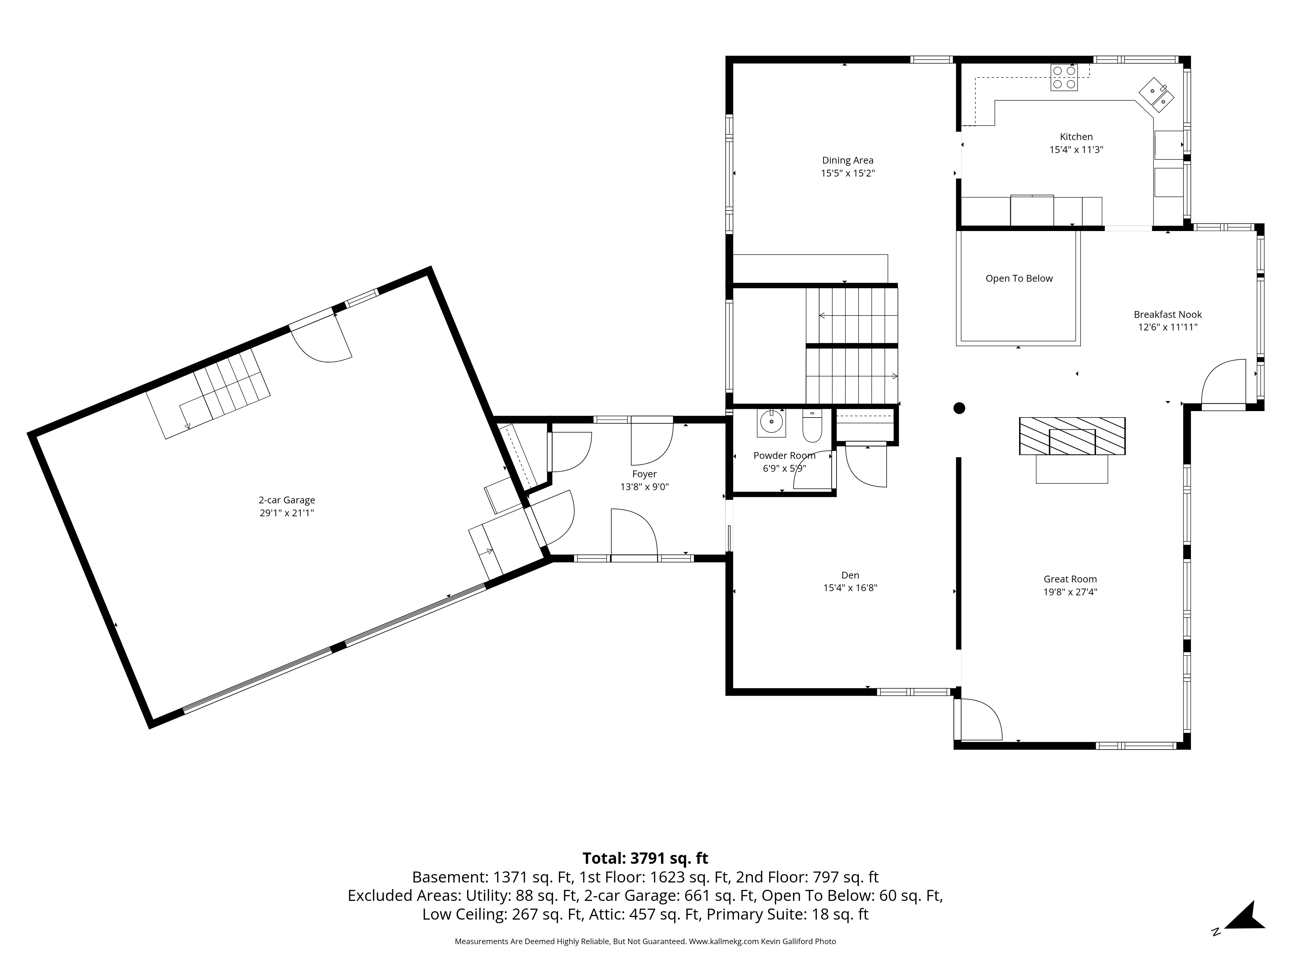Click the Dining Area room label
click(848, 160)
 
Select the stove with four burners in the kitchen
click(1064, 78)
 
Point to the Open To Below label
click(1019, 279)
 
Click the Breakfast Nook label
click(1167, 315)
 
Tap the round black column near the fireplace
click(959, 408)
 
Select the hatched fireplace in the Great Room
click(1072, 436)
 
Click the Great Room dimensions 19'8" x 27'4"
click(1070, 592)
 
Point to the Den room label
click(850, 575)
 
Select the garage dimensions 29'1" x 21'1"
click(287, 513)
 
